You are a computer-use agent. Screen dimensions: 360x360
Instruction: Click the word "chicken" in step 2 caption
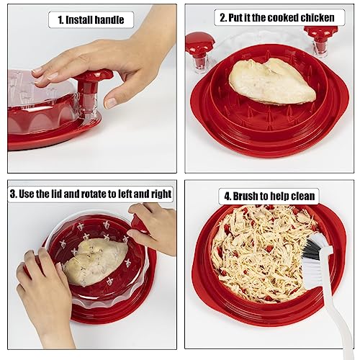click(x=318, y=18)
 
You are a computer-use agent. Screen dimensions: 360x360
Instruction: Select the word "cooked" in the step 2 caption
click(x=283, y=18)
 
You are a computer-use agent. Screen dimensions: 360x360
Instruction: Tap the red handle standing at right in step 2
click(x=321, y=41)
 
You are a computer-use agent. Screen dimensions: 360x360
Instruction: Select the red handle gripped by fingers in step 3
click(x=138, y=223)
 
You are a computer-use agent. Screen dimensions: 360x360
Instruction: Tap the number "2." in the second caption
click(x=223, y=18)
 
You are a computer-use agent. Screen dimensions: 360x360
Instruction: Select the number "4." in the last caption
click(x=228, y=197)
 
